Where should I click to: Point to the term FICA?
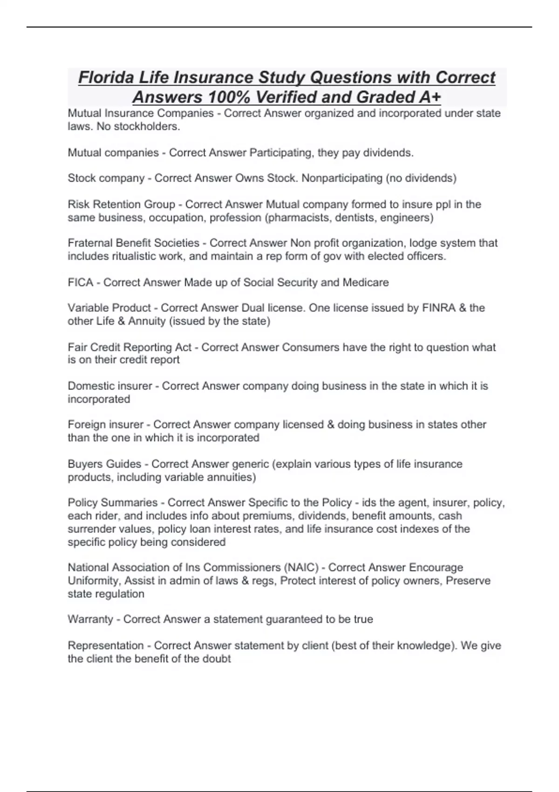[x=81, y=282]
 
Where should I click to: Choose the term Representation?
[x=105, y=646]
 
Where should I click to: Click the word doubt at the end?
[x=218, y=659]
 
